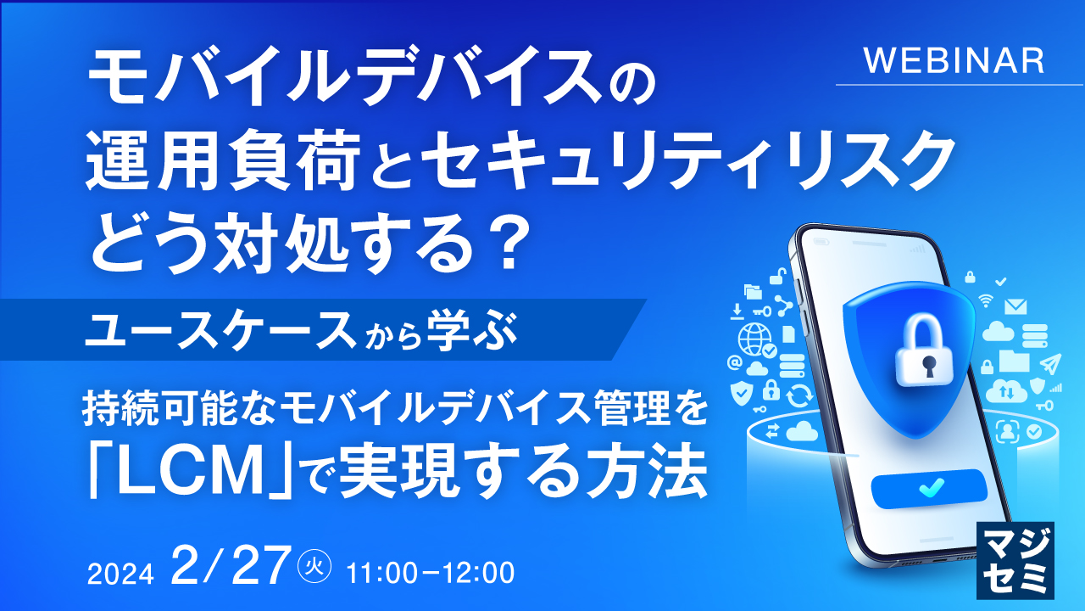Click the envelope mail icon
(x=1015, y=306)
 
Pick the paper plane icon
(x=1050, y=364)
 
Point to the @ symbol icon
(x=734, y=363)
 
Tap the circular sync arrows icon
(x=798, y=395)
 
